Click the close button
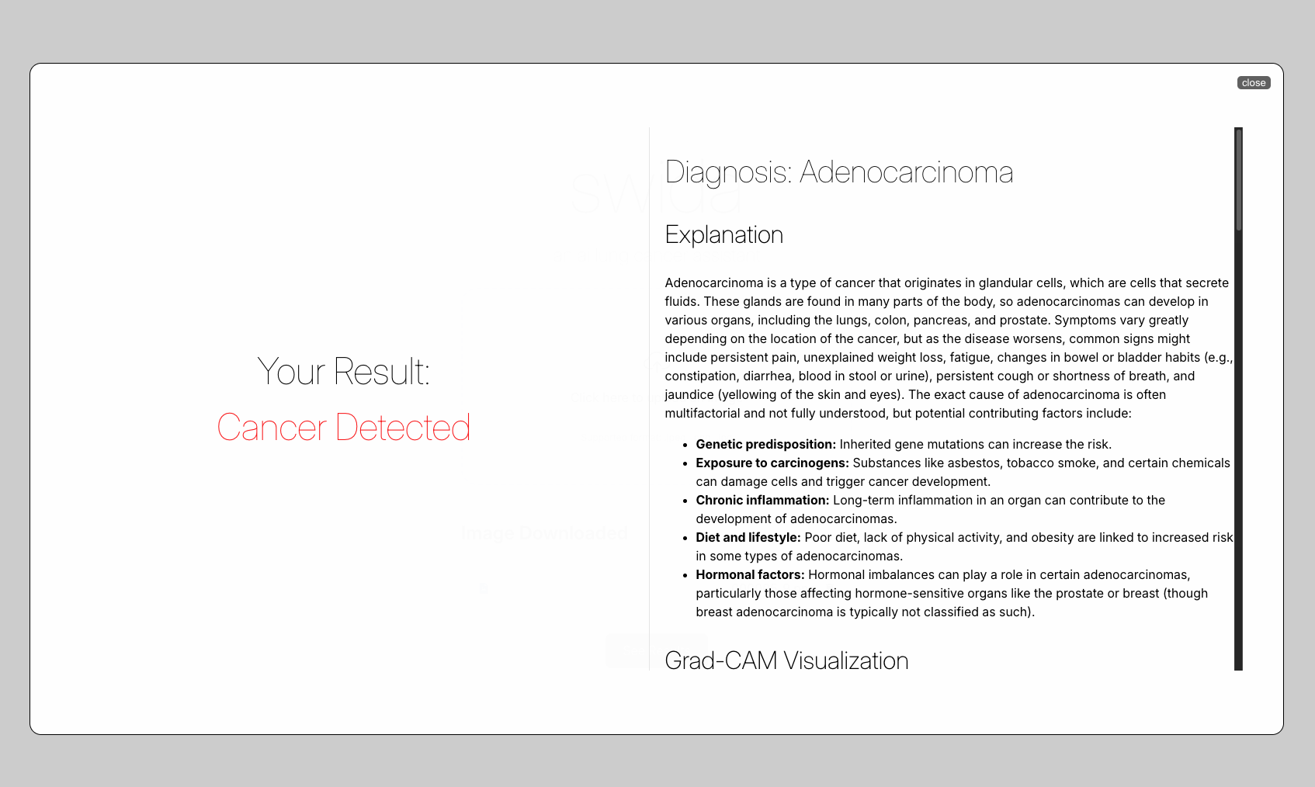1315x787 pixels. coord(1253,83)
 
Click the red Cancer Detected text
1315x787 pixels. coord(344,428)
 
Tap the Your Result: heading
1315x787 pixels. coord(344,371)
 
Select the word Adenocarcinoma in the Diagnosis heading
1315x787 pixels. coord(906,172)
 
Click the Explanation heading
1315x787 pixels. coord(723,234)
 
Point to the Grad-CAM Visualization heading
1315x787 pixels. coord(786,660)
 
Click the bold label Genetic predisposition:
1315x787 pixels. coord(765,445)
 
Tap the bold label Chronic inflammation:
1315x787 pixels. coord(762,501)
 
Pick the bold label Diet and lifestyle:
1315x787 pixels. coord(748,538)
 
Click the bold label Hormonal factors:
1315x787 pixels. coord(750,575)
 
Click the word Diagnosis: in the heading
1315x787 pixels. coord(728,172)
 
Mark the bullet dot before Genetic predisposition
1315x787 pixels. coord(685,446)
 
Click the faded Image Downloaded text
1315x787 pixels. coord(544,533)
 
